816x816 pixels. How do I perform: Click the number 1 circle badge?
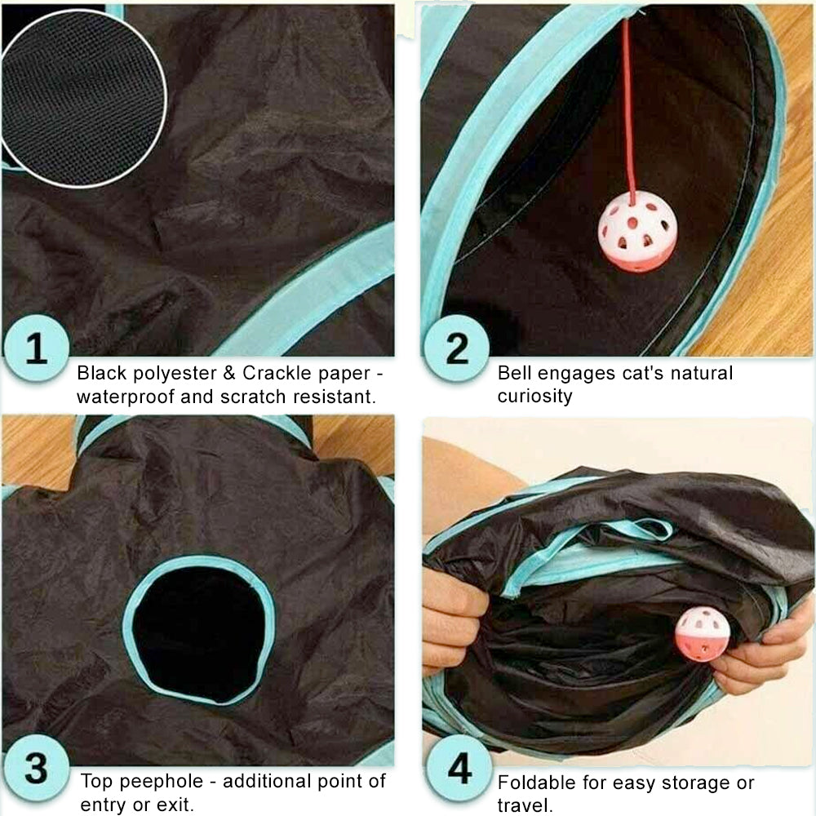[x=37, y=348]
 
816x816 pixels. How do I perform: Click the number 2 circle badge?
[x=456, y=348]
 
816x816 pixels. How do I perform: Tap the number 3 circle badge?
[x=37, y=768]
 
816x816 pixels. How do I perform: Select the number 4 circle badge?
[x=459, y=768]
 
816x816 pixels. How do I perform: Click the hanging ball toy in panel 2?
[x=637, y=231]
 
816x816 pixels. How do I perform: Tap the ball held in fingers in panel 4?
[x=702, y=633]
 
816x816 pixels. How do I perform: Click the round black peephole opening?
[x=200, y=632]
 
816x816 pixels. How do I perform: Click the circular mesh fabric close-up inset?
[x=83, y=99]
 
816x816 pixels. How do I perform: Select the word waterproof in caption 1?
[x=125, y=397]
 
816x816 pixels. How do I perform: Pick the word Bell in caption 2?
[x=514, y=373]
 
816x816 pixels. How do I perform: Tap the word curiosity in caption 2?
[x=534, y=396]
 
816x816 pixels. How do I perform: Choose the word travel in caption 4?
[x=522, y=805]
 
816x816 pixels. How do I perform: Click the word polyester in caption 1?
[x=175, y=374]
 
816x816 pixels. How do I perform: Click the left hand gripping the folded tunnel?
[x=452, y=620]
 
